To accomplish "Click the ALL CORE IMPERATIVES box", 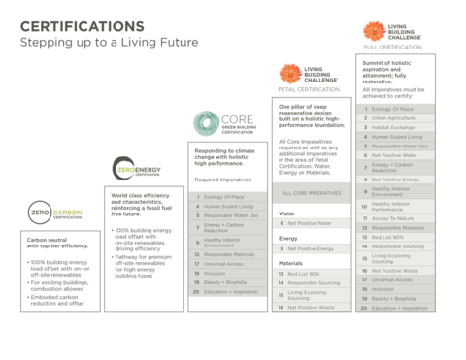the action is tap(310, 193).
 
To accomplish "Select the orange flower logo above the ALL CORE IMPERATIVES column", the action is tap(288, 74).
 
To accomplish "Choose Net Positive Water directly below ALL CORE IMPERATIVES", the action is tap(310, 223).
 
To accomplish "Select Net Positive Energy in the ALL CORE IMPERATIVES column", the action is tap(310, 248).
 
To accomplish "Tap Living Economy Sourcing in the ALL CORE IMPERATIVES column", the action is tap(310, 293).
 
